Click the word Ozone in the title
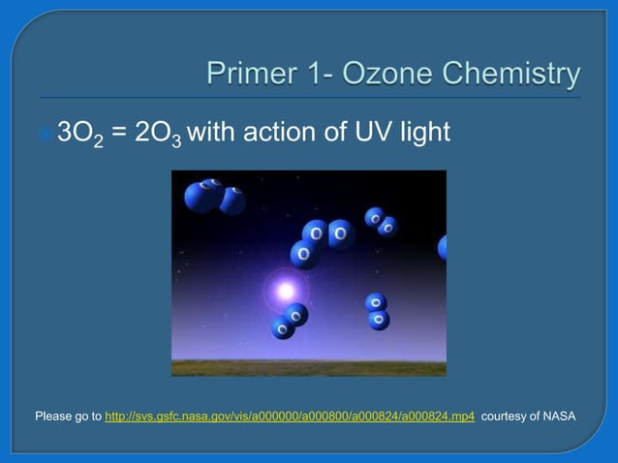tap(402, 75)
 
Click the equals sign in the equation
tap(117, 132)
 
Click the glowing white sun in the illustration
tap(285, 289)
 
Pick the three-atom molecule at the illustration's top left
tap(214, 196)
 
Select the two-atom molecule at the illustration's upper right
tap(381, 222)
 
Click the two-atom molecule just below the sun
tap(289, 322)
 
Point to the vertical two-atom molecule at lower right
tap(377, 311)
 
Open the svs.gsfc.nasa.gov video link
tap(289, 417)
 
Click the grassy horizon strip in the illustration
tap(308, 367)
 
